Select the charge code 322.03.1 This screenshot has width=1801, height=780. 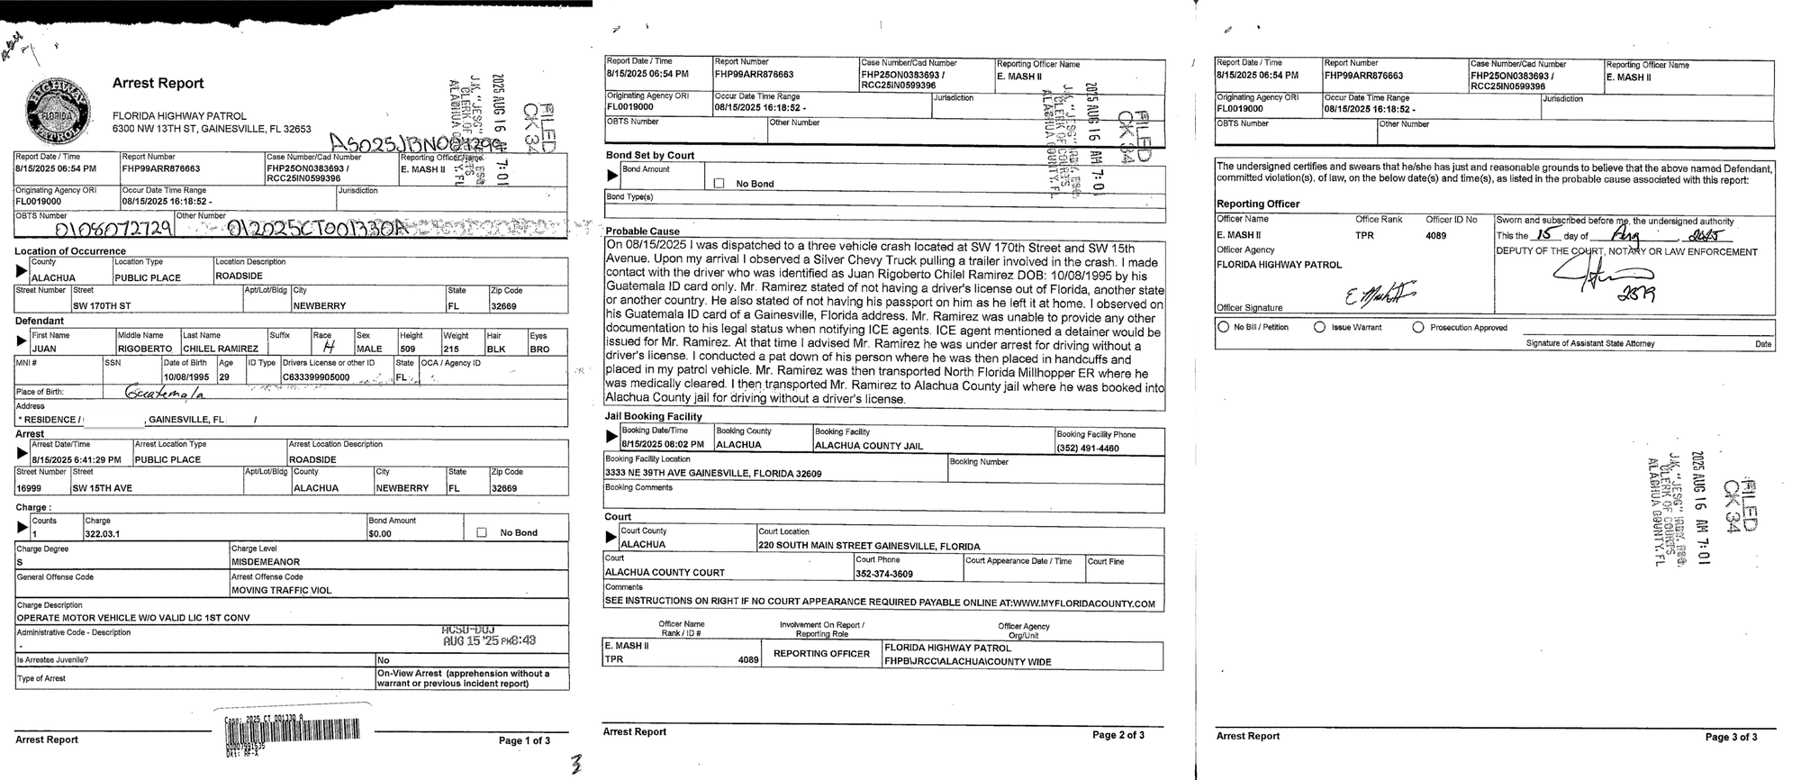point(103,534)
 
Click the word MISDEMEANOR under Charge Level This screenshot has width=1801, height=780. point(267,562)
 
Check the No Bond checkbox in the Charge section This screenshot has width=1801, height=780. point(481,532)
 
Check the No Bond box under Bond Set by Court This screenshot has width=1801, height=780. point(719,184)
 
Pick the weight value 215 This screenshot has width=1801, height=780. point(452,349)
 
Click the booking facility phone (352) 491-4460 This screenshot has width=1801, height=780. point(1088,448)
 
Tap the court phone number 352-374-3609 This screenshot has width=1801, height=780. point(884,574)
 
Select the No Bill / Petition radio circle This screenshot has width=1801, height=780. point(1223,327)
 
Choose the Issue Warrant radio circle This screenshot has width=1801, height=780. point(1320,327)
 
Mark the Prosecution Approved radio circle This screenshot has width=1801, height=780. point(1418,327)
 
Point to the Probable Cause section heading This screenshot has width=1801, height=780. point(642,231)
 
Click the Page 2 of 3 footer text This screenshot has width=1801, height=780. point(1118,735)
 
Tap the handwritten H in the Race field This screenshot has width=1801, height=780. point(329,348)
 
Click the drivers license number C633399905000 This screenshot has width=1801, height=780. point(316,377)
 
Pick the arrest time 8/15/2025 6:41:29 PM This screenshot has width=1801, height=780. point(76,459)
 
